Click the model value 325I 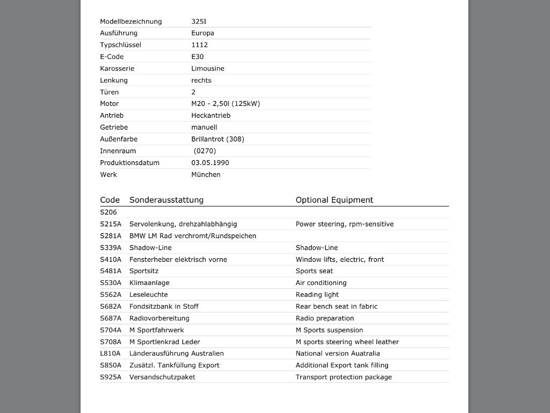(x=199, y=22)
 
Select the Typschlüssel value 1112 (x=199, y=45)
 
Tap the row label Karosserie (x=117, y=69)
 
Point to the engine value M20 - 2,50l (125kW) (x=226, y=104)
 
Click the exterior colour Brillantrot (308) (x=218, y=139)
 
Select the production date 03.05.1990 (x=210, y=163)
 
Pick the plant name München (x=206, y=175)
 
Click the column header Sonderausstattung (x=167, y=200)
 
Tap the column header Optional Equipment (x=334, y=200)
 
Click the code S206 (x=108, y=212)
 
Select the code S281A (x=111, y=236)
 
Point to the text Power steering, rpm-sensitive (x=344, y=224)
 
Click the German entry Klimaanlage (x=149, y=283)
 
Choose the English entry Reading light (x=317, y=295)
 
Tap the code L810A (x=110, y=354)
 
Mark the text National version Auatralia (x=337, y=354)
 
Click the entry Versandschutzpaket (x=162, y=378)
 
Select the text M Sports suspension (x=329, y=330)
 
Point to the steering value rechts (x=201, y=81)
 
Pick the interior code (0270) (x=205, y=151)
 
